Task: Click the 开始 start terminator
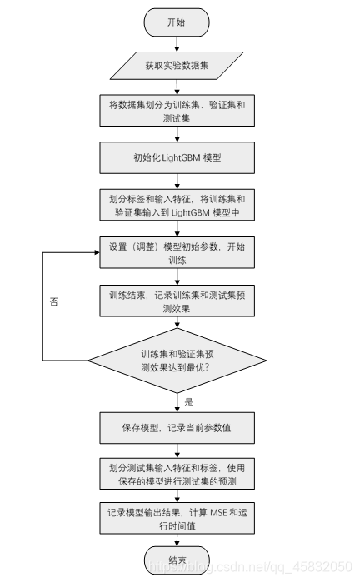click(177, 23)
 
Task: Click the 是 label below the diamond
click(187, 401)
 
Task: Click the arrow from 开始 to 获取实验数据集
click(177, 44)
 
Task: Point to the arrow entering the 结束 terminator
click(177, 541)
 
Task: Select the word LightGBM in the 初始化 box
click(179, 157)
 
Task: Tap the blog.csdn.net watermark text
click(250, 568)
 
